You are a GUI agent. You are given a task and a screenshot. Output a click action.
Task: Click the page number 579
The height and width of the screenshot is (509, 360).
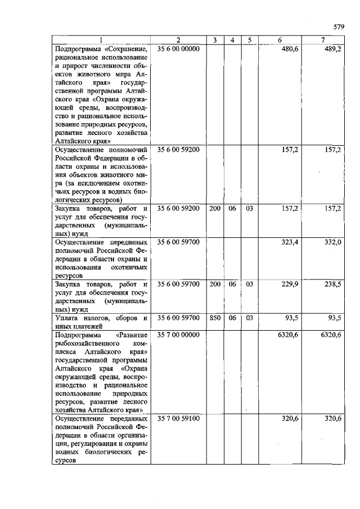pos(338,26)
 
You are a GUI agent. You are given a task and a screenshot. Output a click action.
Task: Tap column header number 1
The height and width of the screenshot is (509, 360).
pos(101,40)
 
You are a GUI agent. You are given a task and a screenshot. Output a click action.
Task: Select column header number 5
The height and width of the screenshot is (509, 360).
pos(249,40)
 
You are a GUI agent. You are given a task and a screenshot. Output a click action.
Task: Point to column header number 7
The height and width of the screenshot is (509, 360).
pos(322,40)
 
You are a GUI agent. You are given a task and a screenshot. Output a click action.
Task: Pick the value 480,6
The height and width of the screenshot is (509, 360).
pos(290,49)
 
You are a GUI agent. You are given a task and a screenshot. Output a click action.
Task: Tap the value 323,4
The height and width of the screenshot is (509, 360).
pos(290,241)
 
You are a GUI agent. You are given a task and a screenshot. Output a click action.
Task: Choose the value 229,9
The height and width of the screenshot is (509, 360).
pos(290,285)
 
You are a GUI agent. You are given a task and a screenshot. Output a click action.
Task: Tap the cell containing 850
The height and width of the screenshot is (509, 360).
pos(214,318)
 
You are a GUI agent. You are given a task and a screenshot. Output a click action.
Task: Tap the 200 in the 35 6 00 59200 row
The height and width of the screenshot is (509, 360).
pos(214,208)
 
